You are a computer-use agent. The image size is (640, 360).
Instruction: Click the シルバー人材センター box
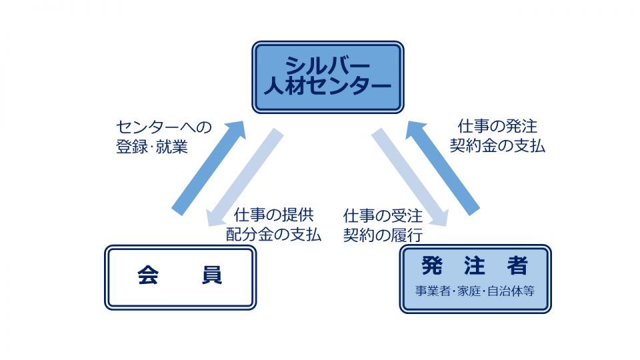click(x=328, y=77)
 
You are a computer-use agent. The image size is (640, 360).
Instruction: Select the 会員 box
click(x=181, y=277)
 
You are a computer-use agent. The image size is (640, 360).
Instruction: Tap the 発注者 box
click(x=475, y=279)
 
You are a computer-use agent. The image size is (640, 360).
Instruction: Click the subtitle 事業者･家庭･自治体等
click(x=475, y=291)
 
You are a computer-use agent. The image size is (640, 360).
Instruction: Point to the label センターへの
click(x=164, y=127)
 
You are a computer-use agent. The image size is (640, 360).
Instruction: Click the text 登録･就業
click(x=152, y=147)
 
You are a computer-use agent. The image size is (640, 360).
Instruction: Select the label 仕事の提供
click(x=274, y=215)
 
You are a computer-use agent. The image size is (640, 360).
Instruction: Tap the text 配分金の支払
click(x=274, y=234)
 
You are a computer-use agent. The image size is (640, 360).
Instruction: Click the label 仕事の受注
click(x=383, y=215)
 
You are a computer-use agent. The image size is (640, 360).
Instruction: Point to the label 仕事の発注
click(x=497, y=126)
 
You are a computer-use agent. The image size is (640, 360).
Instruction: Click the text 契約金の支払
click(x=497, y=146)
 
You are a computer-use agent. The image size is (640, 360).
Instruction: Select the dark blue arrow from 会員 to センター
click(x=208, y=168)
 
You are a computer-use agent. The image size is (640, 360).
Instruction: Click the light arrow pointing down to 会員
click(x=245, y=177)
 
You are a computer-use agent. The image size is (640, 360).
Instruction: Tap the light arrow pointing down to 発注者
click(x=410, y=177)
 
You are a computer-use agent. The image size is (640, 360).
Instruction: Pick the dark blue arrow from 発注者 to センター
click(x=443, y=168)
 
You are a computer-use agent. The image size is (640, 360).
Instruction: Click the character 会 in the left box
click(x=148, y=275)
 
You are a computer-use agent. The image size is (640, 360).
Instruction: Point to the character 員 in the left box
click(x=212, y=275)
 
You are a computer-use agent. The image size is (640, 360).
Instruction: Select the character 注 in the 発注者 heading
click(x=475, y=266)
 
